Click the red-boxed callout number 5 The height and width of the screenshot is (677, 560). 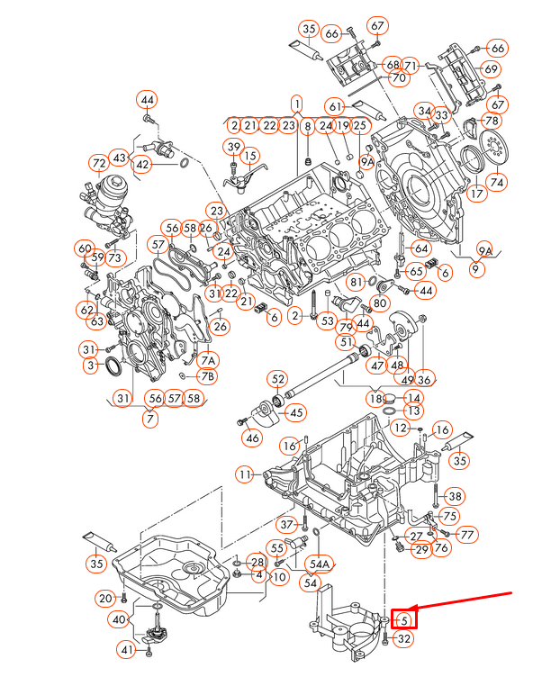[404, 618]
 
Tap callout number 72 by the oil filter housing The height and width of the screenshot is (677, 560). [99, 164]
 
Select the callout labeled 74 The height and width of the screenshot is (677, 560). [497, 182]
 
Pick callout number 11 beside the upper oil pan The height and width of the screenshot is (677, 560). [245, 474]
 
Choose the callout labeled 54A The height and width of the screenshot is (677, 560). [319, 564]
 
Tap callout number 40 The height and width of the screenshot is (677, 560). [120, 619]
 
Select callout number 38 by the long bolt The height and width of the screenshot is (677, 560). [455, 496]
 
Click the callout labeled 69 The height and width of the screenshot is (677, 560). [491, 69]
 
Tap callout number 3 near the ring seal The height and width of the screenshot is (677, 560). [90, 366]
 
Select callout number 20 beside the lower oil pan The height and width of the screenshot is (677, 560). [105, 598]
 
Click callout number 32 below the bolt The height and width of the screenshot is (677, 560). [404, 640]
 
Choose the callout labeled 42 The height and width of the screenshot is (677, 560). [142, 165]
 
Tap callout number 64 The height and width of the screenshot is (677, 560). [420, 248]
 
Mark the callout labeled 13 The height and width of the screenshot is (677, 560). [413, 411]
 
